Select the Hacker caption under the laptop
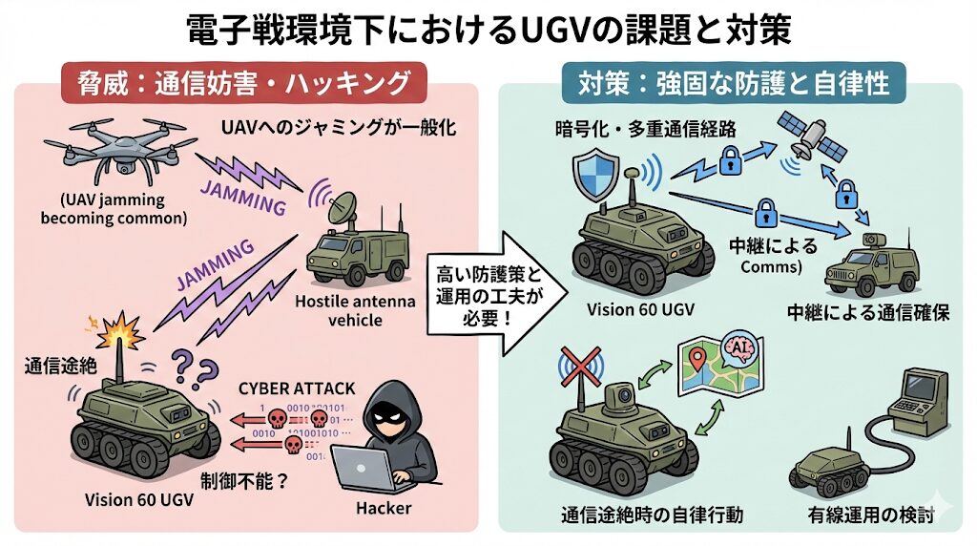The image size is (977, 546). (383, 508)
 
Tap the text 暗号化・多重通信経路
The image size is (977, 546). (633, 127)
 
